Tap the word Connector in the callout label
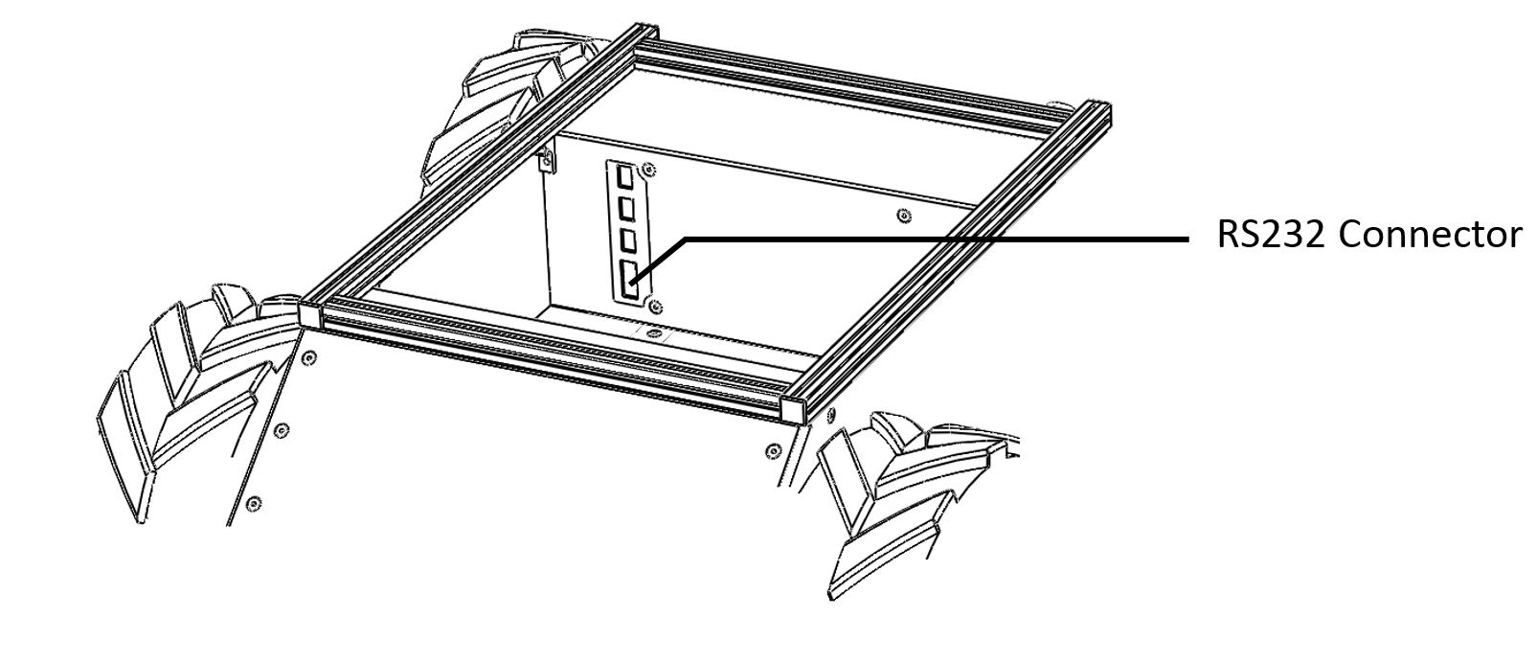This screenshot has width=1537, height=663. [1431, 235]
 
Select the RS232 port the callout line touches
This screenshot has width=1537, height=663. [628, 280]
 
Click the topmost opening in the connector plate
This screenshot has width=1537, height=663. [623, 176]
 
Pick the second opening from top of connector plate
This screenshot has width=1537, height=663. [625, 207]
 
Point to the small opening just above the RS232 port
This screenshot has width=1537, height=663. [626, 240]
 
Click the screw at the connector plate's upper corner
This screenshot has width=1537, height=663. [648, 169]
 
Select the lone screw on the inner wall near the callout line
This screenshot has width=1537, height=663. [904, 217]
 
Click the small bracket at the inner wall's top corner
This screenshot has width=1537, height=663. [547, 161]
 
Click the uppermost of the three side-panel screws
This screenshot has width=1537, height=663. [309, 357]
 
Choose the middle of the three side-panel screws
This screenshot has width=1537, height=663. [281, 430]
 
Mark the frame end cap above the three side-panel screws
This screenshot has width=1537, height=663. [311, 313]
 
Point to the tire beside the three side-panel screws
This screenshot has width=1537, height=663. [189, 398]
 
